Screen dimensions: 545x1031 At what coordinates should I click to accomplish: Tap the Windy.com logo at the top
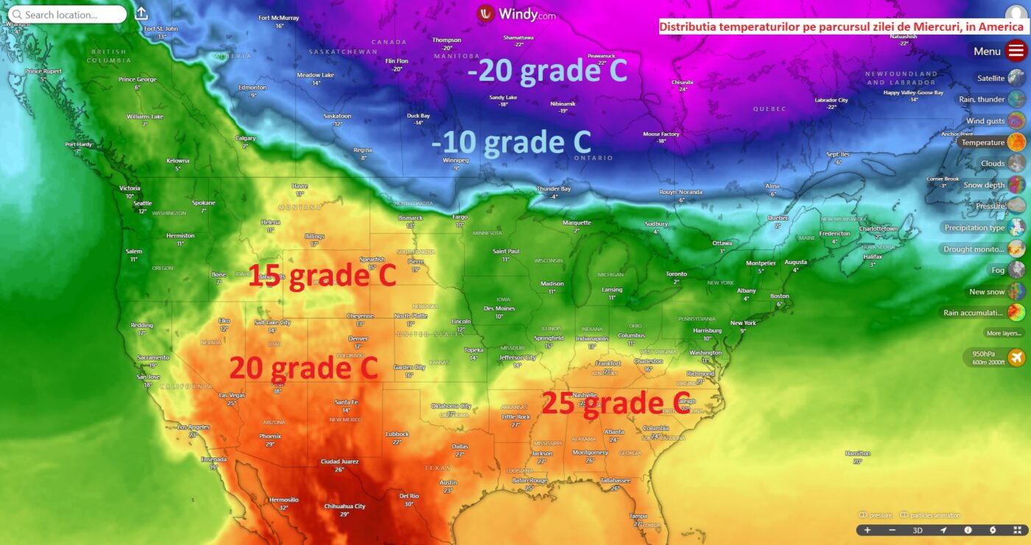click(x=515, y=14)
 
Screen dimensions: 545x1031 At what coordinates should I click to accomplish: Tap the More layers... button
click(x=1004, y=333)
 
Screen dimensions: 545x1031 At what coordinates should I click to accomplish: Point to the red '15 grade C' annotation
click(x=322, y=276)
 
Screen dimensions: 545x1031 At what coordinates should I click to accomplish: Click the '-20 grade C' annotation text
click(x=547, y=71)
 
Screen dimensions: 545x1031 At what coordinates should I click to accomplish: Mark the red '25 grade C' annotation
click(x=616, y=403)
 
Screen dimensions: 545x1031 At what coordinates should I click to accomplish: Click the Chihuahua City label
click(x=345, y=506)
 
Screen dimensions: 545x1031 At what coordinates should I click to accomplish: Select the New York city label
click(x=743, y=323)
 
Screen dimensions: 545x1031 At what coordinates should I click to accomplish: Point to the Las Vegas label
click(x=232, y=395)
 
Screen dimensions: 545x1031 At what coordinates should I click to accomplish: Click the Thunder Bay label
click(x=554, y=189)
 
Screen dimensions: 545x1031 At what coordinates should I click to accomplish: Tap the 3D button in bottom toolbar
click(x=918, y=530)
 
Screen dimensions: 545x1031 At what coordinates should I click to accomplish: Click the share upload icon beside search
click(x=141, y=14)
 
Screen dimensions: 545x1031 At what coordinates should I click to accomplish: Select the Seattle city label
click(x=142, y=204)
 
